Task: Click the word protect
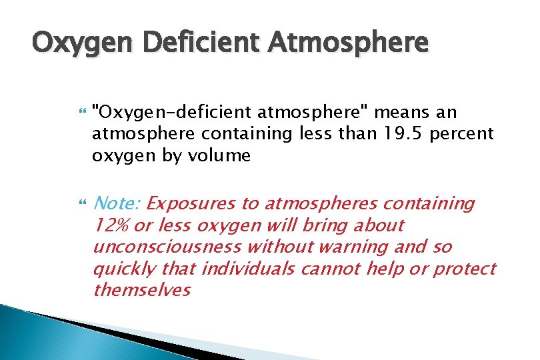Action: click(x=465, y=269)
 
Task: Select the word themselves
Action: click(x=142, y=291)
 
